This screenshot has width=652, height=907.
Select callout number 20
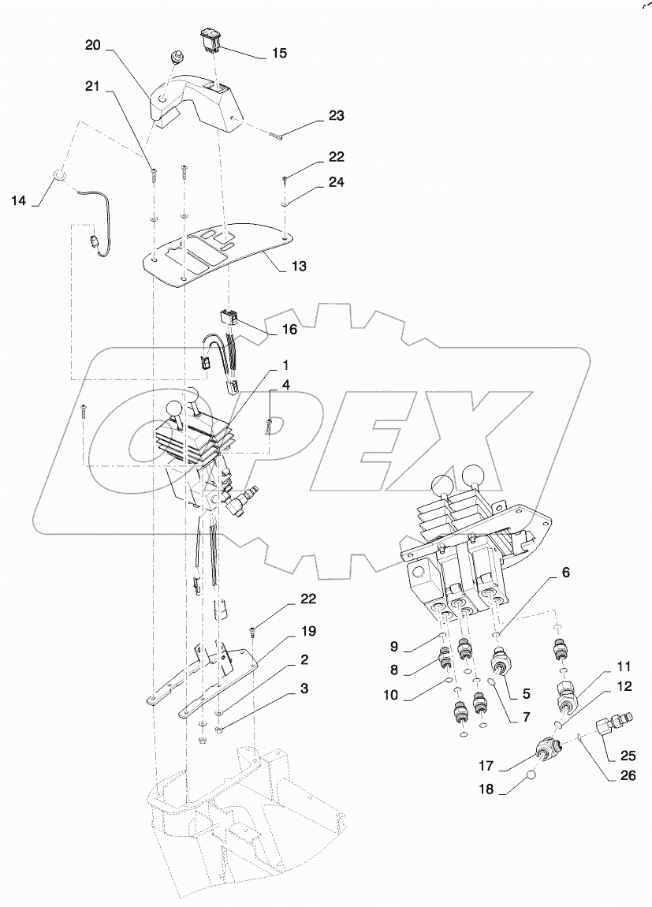click(93, 47)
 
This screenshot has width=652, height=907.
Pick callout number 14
click(18, 201)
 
